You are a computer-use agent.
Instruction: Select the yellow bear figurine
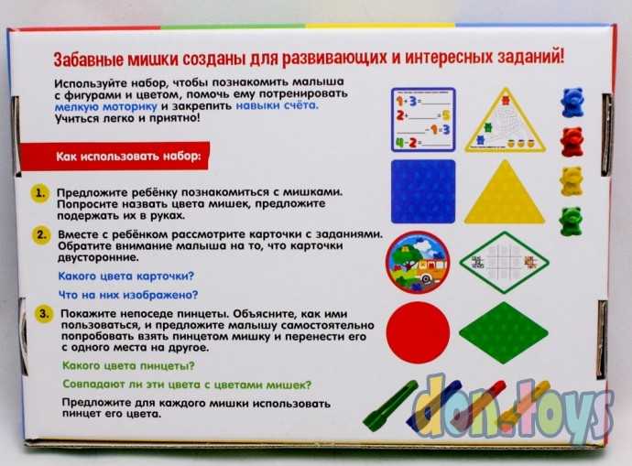pos(572,179)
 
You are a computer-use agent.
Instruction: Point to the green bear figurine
pos(572,220)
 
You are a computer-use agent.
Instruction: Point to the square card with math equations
pos(422,119)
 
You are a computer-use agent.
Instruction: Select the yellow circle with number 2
pos(40,234)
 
